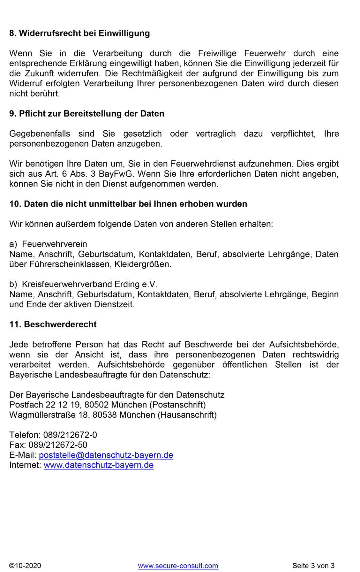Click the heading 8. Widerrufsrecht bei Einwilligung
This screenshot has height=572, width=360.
(x=79, y=33)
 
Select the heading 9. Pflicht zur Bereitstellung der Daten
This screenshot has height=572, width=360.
(x=86, y=113)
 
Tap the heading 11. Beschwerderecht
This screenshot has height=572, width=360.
(x=53, y=324)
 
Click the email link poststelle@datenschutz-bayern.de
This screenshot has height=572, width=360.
(x=106, y=455)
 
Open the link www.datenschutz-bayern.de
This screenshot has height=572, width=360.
(x=99, y=465)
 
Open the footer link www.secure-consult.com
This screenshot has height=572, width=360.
(x=178, y=566)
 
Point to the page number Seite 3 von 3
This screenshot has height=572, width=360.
(x=313, y=566)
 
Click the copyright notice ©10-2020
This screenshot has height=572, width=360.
(x=25, y=566)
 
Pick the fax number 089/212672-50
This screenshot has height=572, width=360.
(x=58, y=445)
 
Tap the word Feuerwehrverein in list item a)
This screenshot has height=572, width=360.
(x=54, y=244)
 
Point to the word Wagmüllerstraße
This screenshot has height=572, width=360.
(x=42, y=415)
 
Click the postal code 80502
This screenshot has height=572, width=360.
(x=97, y=405)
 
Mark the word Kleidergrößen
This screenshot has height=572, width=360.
(x=142, y=264)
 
